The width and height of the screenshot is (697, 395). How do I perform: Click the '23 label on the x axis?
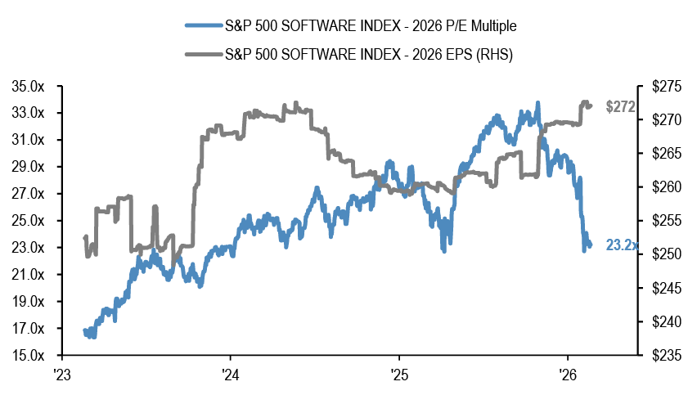(x=62, y=375)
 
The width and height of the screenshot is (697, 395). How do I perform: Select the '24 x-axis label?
(x=231, y=375)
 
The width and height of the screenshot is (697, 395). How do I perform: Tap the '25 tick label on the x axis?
(x=398, y=375)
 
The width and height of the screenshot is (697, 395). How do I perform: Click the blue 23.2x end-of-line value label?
(x=623, y=245)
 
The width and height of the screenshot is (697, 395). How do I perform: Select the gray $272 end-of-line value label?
(x=621, y=106)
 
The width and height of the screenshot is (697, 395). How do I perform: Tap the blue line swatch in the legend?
(x=203, y=26)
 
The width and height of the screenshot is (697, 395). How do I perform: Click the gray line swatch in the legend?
(x=203, y=54)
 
